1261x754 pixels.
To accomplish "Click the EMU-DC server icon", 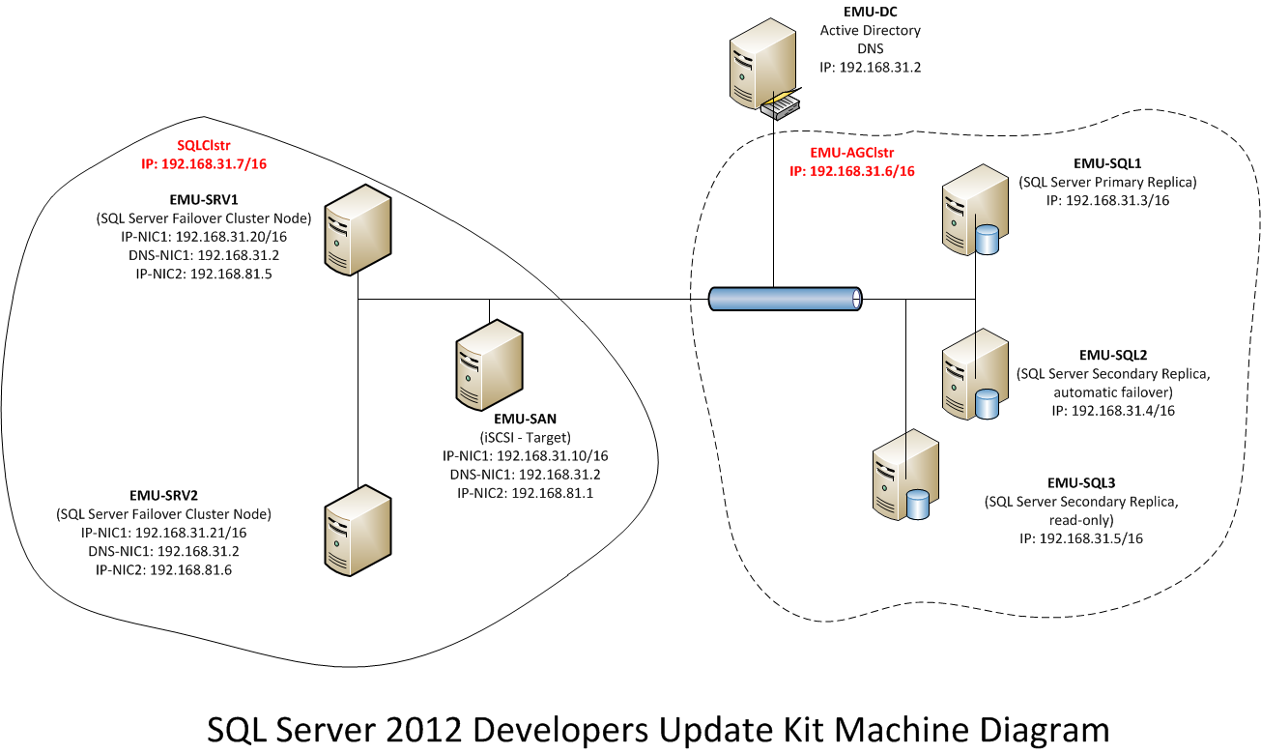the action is click(x=762, y=63).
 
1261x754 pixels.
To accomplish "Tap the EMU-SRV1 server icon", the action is click(x=358, y=230).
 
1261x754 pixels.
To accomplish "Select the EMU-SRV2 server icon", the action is click(x=358, y=531).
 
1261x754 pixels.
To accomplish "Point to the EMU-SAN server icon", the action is click(x=489, y=364).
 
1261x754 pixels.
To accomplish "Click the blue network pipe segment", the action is click(x=785, y=299).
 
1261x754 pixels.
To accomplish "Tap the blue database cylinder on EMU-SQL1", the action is click(x=987, y=240).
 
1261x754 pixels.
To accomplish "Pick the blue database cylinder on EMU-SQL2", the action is click(x=987, y=404).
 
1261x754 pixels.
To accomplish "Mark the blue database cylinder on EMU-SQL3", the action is click(x=918, y=504).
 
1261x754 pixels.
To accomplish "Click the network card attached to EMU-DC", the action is click(x=781, y=105).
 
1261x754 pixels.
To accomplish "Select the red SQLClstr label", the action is click(x=204, y=145).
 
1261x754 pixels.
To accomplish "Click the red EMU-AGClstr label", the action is click(x=851, y=153).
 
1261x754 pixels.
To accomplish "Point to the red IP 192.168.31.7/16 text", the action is click(x=204, y=164).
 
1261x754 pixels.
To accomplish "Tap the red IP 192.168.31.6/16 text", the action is click(x=851, y=171).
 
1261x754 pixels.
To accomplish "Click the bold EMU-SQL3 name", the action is click(x=1081, y=482).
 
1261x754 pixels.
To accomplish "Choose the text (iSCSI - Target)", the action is click(x=526, y=437).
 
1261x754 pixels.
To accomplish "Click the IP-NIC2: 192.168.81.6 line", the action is click(x=164, y=569).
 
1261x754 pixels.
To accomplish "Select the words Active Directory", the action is click(x=871, y=30).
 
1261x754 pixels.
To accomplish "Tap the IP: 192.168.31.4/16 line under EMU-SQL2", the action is click(x=1113, y=411).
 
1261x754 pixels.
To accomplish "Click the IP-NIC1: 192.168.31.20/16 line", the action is click(x=204, y=237).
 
